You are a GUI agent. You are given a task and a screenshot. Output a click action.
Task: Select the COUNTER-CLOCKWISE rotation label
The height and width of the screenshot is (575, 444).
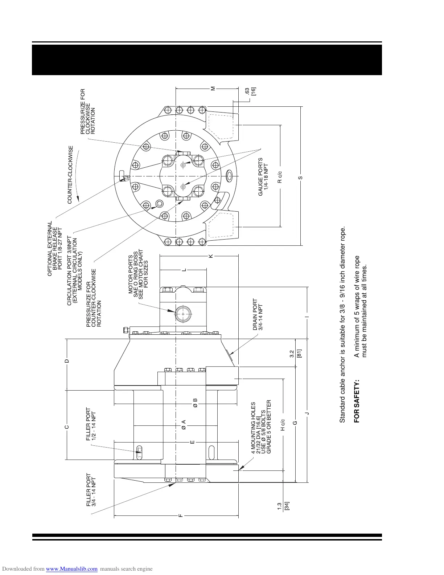[70, 175]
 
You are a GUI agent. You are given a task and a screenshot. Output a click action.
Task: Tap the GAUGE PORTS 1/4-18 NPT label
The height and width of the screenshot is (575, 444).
[263, 177]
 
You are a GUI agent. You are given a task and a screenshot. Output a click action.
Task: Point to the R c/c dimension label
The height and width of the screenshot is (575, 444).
[280, 176]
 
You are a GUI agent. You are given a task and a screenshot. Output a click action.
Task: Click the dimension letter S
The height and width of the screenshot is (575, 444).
[300, 178]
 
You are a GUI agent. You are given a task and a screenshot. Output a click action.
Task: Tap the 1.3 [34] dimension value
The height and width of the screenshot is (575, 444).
[283, 506]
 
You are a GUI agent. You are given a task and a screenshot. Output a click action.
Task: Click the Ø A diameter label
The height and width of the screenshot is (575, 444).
[184, 424]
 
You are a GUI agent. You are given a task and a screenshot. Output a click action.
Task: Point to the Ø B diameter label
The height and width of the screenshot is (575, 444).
[195, 403]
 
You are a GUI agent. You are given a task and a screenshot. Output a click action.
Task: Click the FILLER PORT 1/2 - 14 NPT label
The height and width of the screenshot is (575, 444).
[91, 424]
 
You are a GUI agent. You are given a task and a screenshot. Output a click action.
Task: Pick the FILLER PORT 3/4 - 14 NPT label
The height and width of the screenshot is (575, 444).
[91, 490]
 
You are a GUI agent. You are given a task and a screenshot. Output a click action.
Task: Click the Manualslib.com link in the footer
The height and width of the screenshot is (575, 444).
[72, 569]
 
